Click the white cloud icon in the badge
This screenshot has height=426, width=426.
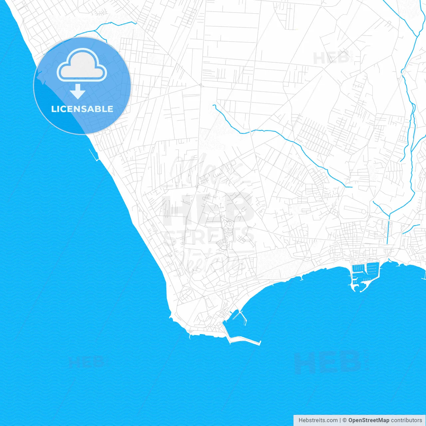[x=82, y=66]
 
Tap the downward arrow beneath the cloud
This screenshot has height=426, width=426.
[x=78, y=92]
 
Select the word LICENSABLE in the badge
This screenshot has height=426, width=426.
[x=82, y=109]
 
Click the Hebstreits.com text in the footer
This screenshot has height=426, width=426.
[x=318, y=420]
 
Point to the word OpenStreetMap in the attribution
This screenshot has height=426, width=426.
[x=368, y=420]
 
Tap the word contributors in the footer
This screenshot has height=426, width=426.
[x=406, y=420]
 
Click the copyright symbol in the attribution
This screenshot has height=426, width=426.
[x=344, y=420]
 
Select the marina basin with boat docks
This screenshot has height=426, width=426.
[x=365, y=271]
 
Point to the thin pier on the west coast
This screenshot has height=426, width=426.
[x=93, y=155]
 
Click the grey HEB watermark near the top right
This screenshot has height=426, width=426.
[x=331, y=58]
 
